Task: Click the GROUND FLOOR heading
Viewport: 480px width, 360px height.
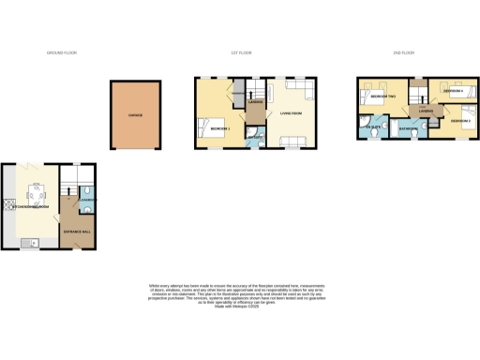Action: pos(62,53)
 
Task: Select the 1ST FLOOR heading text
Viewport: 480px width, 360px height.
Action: pos(242,53)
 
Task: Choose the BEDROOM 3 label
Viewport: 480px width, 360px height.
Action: pos(458,121)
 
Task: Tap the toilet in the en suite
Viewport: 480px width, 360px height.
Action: pos(373,133)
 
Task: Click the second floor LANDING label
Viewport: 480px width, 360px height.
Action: pos(426,111)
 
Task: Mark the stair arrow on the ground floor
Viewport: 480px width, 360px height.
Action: pos(67,200)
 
